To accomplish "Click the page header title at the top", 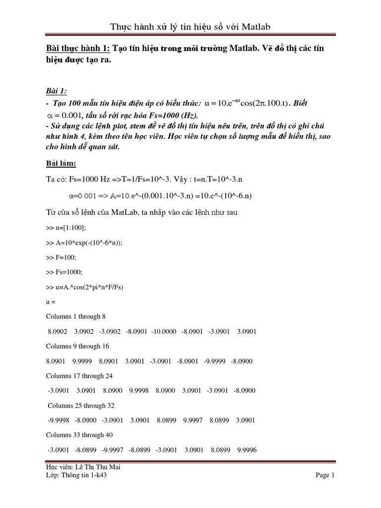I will tap(190, 26).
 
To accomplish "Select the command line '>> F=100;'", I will tap(62, 258).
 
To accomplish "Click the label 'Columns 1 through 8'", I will tap(76, 316).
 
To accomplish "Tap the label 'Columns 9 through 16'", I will tap(77, 346).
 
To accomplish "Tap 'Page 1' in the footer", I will tap(325, 475).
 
